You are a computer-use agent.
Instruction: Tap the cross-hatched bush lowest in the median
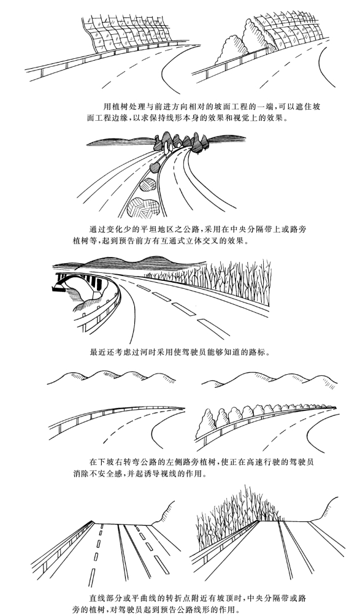click(x=144, y=207)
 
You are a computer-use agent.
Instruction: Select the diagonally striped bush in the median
click(x=148, y=184)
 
